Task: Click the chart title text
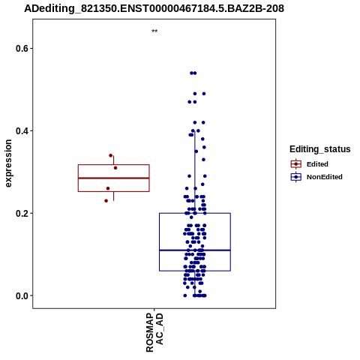click(x=154, y=8)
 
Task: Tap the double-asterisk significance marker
click(x=154, y=31)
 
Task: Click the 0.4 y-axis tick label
click(x=22, y=130)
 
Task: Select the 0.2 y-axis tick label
click(x=22, y=213)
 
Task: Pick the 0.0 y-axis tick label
click(x=22, y=295)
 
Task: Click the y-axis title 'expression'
click(x=8, y=163)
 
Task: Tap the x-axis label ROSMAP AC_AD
click(x=154, y=332)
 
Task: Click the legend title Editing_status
click(x=320, y=149)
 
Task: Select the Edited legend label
click(x=317, y=164)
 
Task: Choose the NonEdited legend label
click(x=325, y=177)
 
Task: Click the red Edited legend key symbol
click(x=296, y=164)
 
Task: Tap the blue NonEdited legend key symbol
click(x=296, y=177)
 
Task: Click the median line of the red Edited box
click(x=114, y=178)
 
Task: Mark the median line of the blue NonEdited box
click(x=195, y=250)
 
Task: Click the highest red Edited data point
click(x=111, y=155)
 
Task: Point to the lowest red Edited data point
click(x=106, y=201)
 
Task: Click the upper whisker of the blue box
click(x=195, y=172)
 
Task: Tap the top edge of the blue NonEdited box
click(x=195, y=213)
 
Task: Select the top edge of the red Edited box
click(x=114, y=165)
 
